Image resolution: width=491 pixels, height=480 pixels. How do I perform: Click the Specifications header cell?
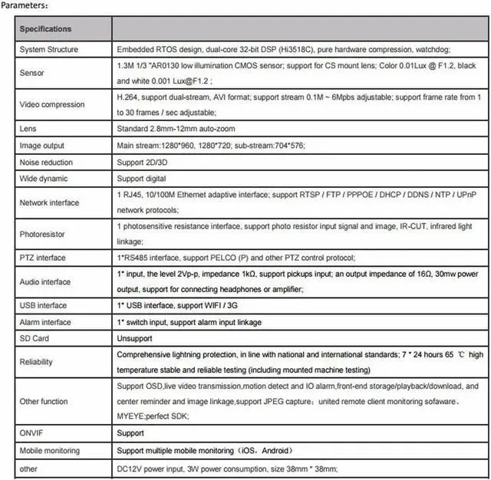(x=45, y=29)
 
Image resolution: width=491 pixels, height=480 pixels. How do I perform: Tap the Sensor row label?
(x=32, y=74)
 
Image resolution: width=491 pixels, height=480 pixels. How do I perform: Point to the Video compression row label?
(x=51, y=104)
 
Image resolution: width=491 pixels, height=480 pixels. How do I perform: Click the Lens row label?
(x=28, y=129)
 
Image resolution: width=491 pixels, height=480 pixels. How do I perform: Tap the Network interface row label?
(x=49, y=203)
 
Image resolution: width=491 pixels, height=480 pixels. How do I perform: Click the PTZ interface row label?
(x=44, y=258)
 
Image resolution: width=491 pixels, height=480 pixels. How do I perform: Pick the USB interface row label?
(x=43, y=306)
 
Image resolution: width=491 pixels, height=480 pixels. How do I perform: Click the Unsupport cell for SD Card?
(x=134, y=338)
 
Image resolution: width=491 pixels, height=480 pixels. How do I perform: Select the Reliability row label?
(x=38, y=362)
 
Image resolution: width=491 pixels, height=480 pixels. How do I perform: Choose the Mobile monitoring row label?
(x=50, y=451)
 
